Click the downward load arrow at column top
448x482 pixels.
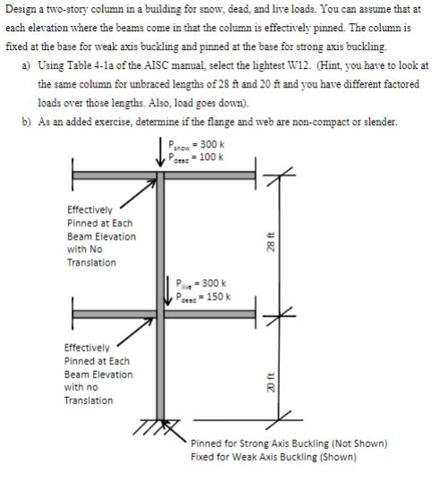(161, 152)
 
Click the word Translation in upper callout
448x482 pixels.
(91, 263)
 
